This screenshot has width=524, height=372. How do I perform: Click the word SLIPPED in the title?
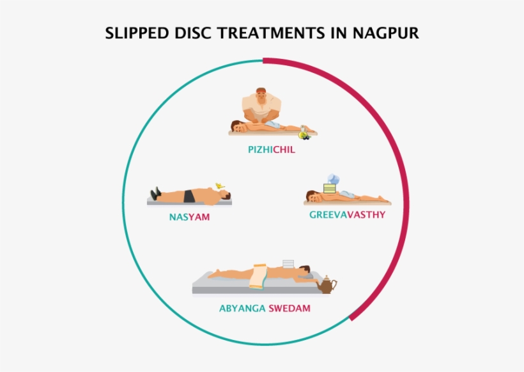coord(137,33)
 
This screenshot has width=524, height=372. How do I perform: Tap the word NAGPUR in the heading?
coord(385,33)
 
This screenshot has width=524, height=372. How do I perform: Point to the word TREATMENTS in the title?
coord(271,33)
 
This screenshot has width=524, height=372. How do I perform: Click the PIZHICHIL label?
coord(272,150)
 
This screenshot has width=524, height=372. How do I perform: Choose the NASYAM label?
coord(190,217)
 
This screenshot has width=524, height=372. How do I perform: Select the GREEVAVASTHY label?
coord(347,214)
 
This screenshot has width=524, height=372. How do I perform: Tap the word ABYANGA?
coord(242,309)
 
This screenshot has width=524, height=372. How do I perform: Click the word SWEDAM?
coord(289,309)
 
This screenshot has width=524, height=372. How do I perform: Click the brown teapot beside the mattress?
coord(327,285)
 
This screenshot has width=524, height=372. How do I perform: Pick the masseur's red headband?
coord(261,90)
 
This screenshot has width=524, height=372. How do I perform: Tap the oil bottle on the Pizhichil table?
coord(303,133)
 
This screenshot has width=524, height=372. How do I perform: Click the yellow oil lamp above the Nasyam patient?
coord(220,186)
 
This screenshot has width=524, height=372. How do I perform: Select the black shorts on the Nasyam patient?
coord(189,196)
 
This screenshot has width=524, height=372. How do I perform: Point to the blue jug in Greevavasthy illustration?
coord(334,179)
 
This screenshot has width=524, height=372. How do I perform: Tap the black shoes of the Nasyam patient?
coord(155,193)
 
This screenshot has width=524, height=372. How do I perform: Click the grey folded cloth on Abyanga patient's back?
coord(288,264)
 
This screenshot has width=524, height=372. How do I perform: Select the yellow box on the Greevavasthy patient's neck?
coord(330,188)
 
